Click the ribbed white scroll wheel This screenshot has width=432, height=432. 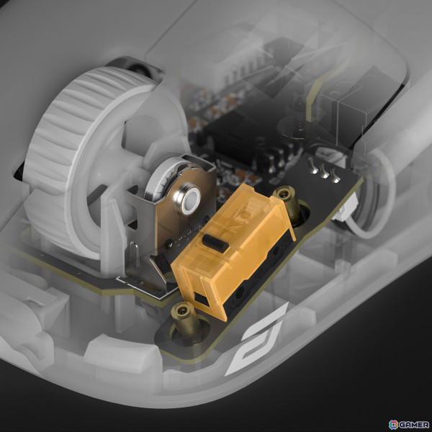click(63, 154)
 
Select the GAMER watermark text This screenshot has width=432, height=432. click(413, 425)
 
